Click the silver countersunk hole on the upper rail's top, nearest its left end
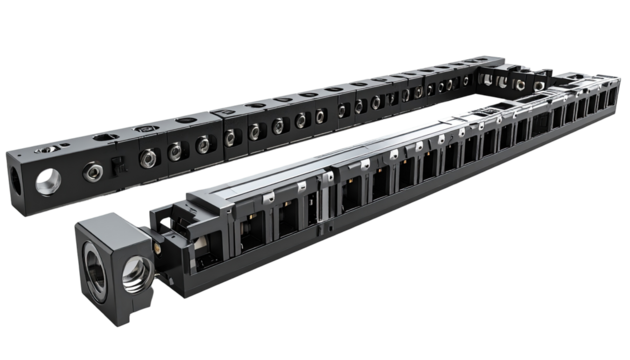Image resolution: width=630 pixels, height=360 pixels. [48, 147]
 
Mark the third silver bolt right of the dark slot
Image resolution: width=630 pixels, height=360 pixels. [203, 145]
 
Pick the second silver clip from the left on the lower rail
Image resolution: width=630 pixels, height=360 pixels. [366, 163]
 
